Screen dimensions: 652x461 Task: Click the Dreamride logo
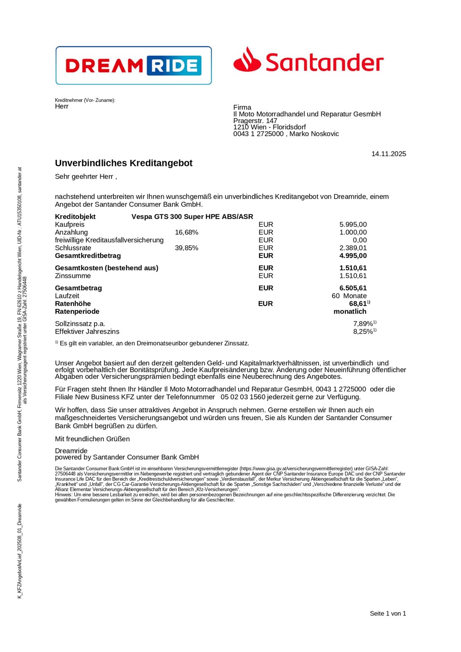coord(133,65)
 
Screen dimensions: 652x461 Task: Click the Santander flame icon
coord(247,60)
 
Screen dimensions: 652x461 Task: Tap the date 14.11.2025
coord(388,154)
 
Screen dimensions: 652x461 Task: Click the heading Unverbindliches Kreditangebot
coord(124,163)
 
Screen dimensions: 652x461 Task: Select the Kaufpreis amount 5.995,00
coord(353,225)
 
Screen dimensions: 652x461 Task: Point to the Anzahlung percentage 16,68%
coord(186,232)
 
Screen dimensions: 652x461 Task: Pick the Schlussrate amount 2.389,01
coord(353,248)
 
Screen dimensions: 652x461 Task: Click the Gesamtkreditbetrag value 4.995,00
coord(353,256)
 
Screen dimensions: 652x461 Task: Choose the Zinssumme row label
coord(73,276)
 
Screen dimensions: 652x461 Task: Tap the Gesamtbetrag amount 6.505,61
coord(353,288)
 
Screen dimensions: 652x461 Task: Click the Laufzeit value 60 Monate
coord(349,296)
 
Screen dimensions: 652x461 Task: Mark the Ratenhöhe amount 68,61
coord(357,304)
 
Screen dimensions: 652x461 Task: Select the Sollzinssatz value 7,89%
coord(363,324)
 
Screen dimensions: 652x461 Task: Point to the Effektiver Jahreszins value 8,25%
coord(363,332)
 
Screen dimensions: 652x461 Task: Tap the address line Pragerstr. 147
coord(255,121)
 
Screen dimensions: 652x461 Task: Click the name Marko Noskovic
coord(314,134)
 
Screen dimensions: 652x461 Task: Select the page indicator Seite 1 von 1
coord(388,613)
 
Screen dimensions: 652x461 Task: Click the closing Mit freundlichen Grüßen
coord(92,439)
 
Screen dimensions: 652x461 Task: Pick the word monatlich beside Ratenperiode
coord(350,312)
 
